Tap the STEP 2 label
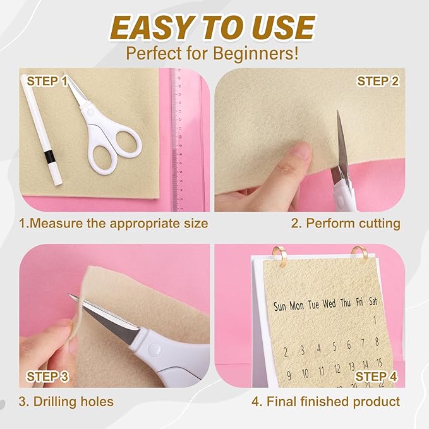pyautogui.click(x=378, y=81)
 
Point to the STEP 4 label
pyautogui.click(x=377, y=377)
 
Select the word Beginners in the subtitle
pyautogui.click(x=256, y=52)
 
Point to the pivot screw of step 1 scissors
pyautogui.click(x=91, y=111)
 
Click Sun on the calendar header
pyautogui.click(x=281, y=306)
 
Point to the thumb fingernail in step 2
pyautogui.click(x=302, y=150)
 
